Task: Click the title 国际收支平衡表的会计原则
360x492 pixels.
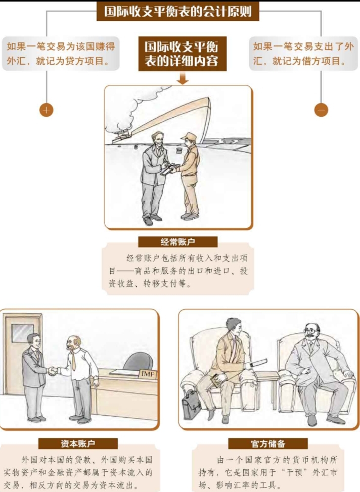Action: click(178, 11)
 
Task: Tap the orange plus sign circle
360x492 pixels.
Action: click(46, 110)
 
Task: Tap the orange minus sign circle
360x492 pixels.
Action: click(321, 110)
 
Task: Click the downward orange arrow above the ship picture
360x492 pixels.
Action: click(183, 78)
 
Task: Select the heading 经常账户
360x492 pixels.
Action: click(178, 242)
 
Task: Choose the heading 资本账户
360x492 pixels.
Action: click(78, 444)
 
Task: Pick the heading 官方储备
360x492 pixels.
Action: click(268, 444)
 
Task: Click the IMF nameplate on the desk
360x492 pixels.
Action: click(148, 374)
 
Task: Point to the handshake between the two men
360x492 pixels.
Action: click(53, 371)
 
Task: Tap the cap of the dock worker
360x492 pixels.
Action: click(189, 137)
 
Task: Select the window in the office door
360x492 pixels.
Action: click(23, 333)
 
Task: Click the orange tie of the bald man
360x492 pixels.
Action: click(73, 361)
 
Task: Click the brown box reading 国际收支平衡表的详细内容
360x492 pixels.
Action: click(182, 54)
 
